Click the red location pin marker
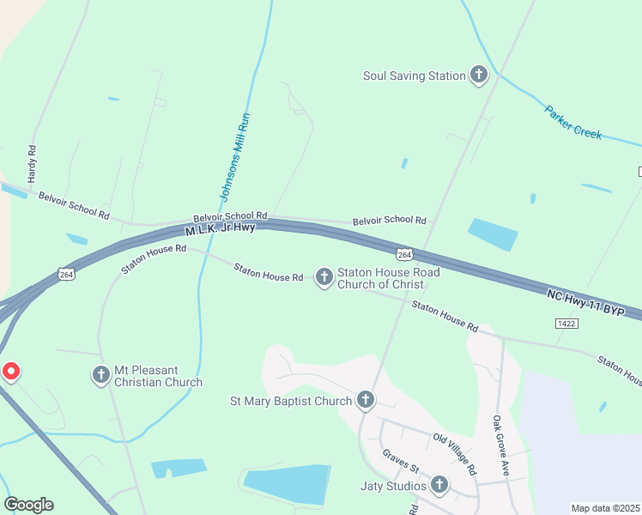tap(11, 372)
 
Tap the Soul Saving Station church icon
tap(479, 76)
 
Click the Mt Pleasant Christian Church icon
tap(100, 375)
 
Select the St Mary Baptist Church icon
tap(366, 400)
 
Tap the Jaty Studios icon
tap(439, 486)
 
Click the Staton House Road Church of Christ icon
tap(324, 276)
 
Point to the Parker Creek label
tap(573, 123)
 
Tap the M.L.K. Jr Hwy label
tap(221, 228)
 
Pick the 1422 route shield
tap(566, 323)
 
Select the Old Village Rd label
tap(453, 454)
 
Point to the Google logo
tap(28, 505)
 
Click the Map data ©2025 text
tap(605, 508)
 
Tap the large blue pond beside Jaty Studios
tap(288, 484)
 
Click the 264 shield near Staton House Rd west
tap(67, 274)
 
